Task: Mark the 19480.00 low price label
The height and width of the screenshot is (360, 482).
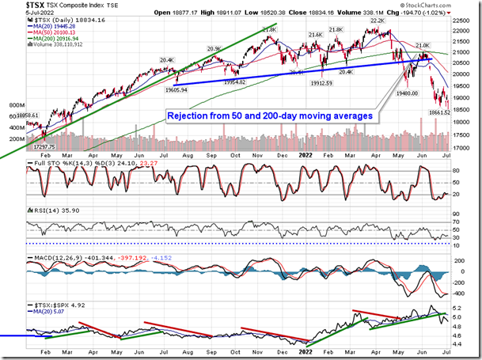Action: [x=408, y=92]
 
